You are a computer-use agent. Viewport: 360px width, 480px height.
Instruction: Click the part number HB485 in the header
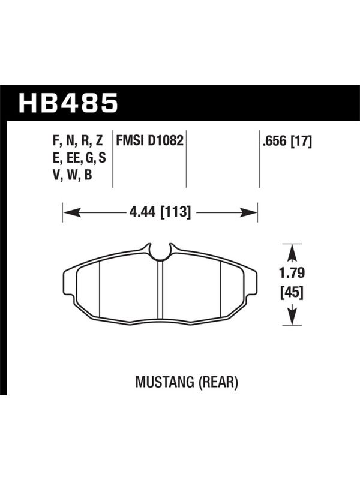[68, 103]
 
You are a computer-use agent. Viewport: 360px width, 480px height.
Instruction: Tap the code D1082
[166, 141]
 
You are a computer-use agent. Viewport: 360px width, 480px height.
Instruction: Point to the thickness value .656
[274, 142]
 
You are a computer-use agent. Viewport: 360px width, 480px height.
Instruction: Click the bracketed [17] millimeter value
[301, 142]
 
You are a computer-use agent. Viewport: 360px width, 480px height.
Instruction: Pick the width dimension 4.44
[143, 212]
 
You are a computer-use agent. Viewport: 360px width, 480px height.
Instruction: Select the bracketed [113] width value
[175, 212]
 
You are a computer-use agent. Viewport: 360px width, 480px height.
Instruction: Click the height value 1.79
[292, 273]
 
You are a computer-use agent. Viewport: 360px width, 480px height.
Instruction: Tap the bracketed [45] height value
[292, 293]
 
